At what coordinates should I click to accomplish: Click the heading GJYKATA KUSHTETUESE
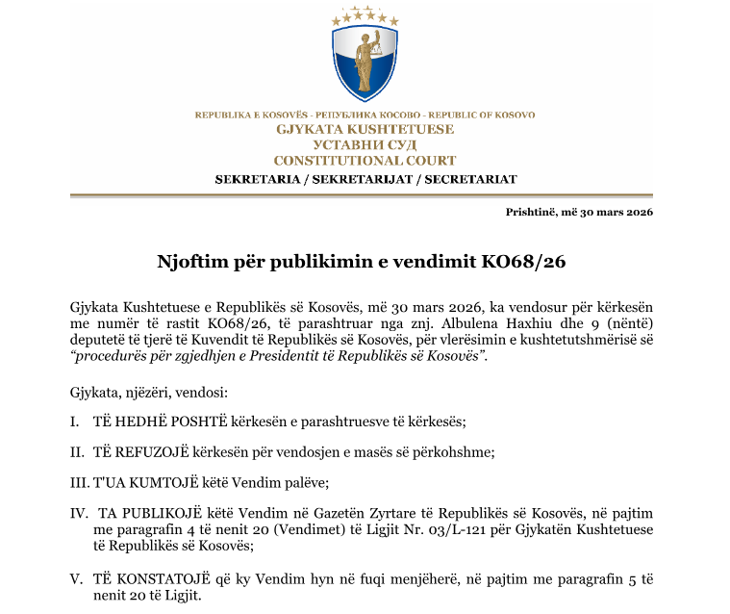coord(365,129)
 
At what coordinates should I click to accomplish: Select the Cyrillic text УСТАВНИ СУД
coord(365,144)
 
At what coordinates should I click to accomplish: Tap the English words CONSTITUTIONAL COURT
coord(365,161)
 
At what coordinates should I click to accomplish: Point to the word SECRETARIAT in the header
coord(470,179)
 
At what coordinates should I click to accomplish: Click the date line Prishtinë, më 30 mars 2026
coord(579,212)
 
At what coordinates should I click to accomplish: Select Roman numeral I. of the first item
coord(74,422)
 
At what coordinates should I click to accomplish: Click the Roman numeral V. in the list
coord(76,580)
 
